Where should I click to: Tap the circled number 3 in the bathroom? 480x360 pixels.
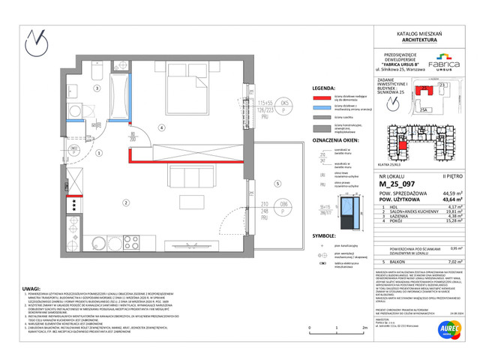(97, 88)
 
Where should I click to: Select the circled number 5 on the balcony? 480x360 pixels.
(277, 183)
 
